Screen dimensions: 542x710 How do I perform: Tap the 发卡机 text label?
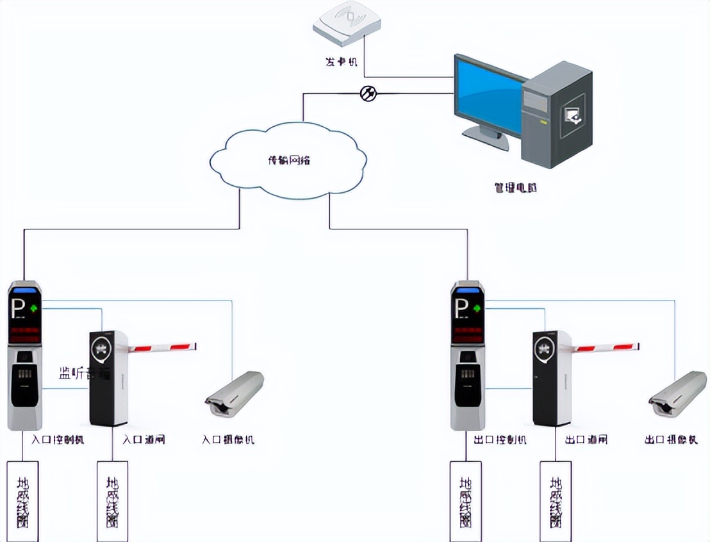point(342,62)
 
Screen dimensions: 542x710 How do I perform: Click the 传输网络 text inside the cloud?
point(288,160)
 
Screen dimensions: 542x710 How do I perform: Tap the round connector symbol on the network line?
point(368,94)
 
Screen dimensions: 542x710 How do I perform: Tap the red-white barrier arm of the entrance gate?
point(163,348)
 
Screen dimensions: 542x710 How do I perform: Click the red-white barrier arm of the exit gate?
point(606,348)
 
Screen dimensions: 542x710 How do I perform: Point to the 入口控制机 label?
point(58,440)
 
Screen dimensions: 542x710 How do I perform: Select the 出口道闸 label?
point(586,440)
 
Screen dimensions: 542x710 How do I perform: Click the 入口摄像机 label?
point(228,440)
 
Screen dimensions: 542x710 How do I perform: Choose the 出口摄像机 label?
point(671,440)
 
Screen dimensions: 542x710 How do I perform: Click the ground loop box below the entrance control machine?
point(22,500)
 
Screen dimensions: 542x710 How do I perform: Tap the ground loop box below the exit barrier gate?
point(556,500)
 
